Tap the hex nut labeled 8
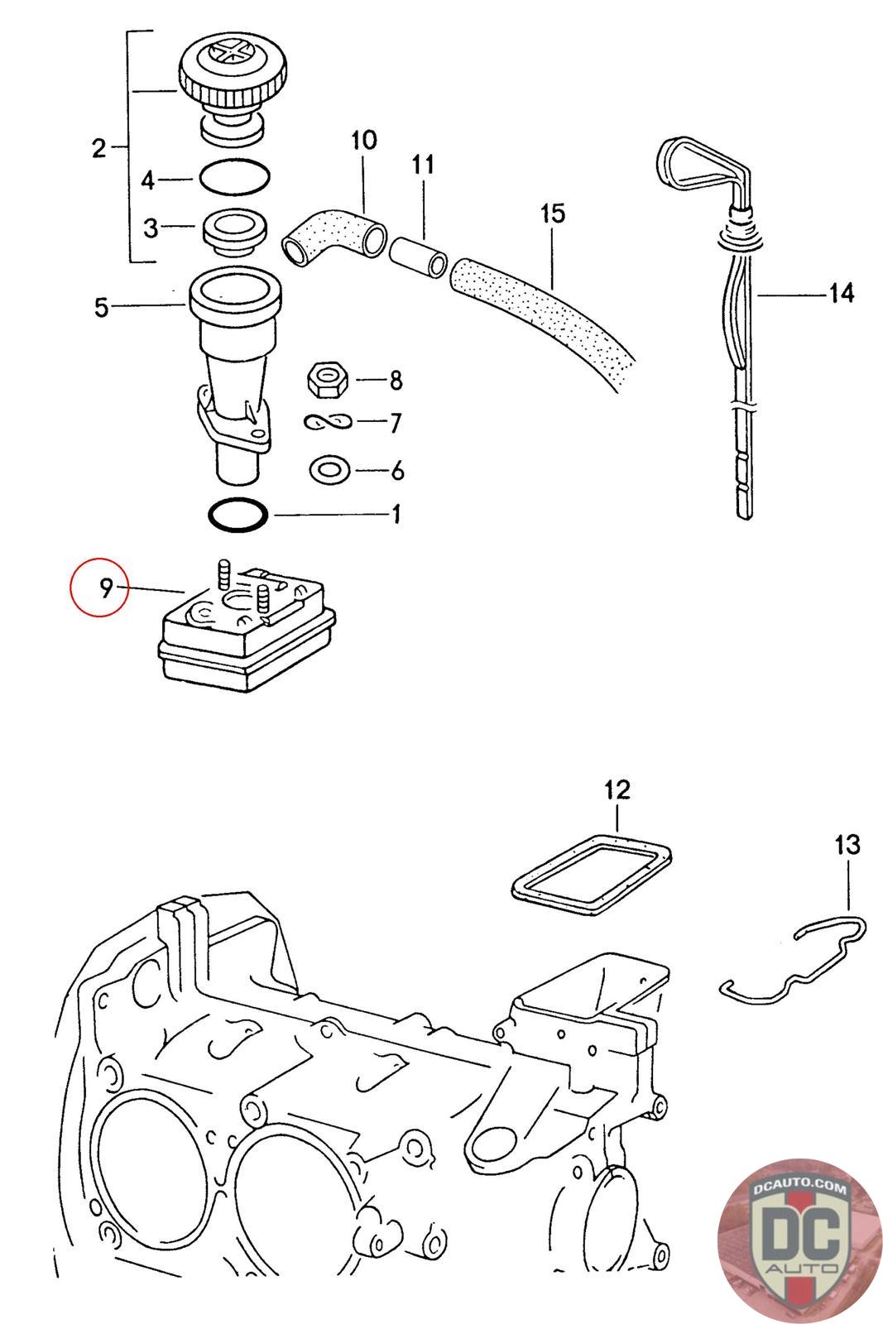click(328, 381)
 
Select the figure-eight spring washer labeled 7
click(328, 423)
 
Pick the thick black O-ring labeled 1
click(238, 516)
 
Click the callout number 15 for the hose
click(553, 213)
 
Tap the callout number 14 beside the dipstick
click(841, 293)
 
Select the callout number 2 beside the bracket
click(98, 149)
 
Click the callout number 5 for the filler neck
click(101, 308)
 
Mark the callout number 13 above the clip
click(847, 845)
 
